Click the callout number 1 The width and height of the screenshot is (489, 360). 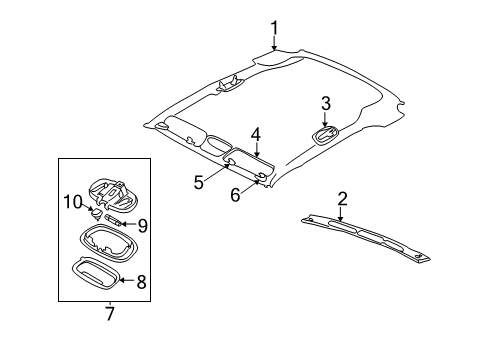[273, 27]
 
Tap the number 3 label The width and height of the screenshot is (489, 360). [326, 103]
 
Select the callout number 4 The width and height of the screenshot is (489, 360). [255, 133]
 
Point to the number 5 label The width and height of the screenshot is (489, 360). [199, 181]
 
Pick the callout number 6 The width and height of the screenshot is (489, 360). [235, 195]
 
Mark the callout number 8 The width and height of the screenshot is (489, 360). [140, 282]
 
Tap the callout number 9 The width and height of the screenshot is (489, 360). [142, 224]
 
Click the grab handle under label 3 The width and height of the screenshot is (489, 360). [326, 135]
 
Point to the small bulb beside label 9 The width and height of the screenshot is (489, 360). [112, 220]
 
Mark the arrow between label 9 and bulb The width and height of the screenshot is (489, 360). [128, 224]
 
